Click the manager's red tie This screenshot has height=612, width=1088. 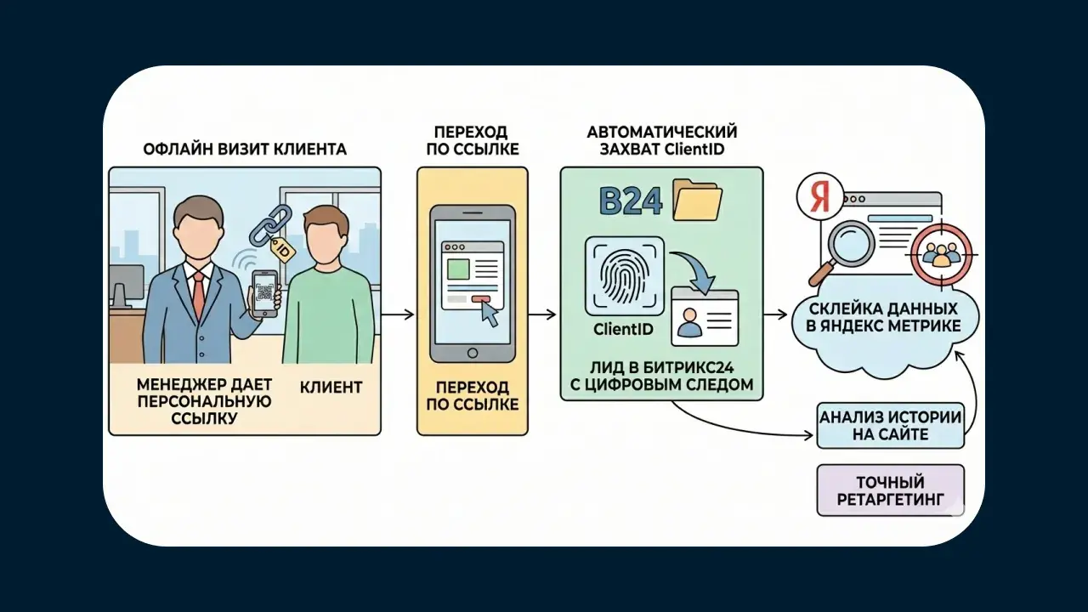click(198, 294)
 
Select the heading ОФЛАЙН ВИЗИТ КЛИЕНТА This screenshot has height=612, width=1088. click(244, 150)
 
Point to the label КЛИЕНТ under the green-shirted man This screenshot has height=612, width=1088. click(331, 388)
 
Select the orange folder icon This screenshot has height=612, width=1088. click(697, 201)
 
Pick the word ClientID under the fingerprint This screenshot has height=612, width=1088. click(624, 330)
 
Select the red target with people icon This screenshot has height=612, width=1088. click(939, 252)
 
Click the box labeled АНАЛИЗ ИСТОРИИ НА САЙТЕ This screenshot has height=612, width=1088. click(890, 426)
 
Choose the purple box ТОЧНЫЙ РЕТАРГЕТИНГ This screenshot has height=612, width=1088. click(890, 490)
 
